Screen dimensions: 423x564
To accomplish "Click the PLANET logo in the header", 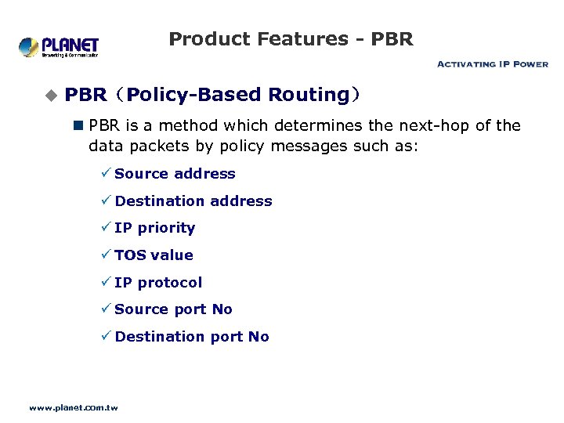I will pyautogui.click(x=59, y=46).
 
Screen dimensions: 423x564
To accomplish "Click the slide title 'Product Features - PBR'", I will pyautogui.click(x=291, y=38).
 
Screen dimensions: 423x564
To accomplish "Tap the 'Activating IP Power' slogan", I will pyautogui.click(x=492, y=64).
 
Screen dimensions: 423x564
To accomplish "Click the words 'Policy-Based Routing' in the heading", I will pyautogui.click(x=237, y=95).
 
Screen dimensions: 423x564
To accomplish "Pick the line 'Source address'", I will pyautogui.click(x=175, y=174).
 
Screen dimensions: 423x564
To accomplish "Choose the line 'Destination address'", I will pyautogui.click(x=193, y=201).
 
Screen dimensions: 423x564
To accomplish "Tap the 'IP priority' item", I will pyautogui.click(x=154, y=228).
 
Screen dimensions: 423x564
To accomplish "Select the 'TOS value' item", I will pyautogui.click(x=154, y=255).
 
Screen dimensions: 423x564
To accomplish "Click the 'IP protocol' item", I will pyautogui.click(x=158, y=283).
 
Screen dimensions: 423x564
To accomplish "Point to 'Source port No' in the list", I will pyautogui.click(x=173, y=309).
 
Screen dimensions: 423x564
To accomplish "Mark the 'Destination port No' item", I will pyautogui.click(x=192, y=337).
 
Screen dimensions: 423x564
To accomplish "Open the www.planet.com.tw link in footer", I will pyautogui.click(x=73, y=407).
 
